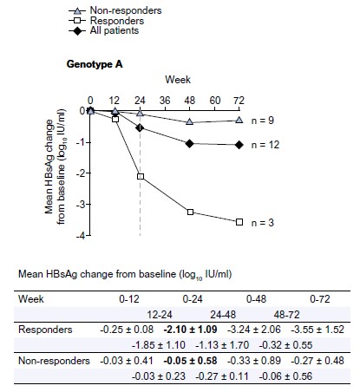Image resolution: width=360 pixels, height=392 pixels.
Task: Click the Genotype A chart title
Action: click(x=95, y=64)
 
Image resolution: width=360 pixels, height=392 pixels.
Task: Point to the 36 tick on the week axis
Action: click(x=165, y=101)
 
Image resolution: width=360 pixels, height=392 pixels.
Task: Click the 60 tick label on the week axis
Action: click(x=215, y=101)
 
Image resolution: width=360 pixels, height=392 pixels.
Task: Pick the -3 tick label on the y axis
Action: click(x=81, y=205)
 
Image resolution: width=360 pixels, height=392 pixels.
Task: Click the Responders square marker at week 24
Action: click(x=141, y=176)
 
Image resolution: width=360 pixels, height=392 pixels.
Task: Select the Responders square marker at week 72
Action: click(x=239, y=222)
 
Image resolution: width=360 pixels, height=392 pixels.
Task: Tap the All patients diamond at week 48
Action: click(x=190, y=143)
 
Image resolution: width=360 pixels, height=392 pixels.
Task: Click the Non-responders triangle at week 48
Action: click(x=189, y=121)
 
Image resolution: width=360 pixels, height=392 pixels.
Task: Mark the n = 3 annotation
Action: click(x=263, y=223)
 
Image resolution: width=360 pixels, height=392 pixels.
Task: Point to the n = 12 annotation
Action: click(x=265, y=145)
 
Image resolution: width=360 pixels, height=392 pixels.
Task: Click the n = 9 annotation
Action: click(x=263, y=121)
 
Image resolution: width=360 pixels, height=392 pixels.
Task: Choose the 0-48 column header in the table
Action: click(x=256, y=298)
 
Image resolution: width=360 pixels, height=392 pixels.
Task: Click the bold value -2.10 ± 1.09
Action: click(x=190, y=330)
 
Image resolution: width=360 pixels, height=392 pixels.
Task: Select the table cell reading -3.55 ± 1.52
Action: click(x=317, y=330)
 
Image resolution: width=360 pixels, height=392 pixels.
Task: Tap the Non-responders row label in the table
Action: click(x=54, y=361)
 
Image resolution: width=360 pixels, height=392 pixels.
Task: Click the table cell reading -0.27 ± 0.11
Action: click(x=222, y=376)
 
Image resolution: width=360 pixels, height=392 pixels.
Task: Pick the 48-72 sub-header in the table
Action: click(x=287, y=314)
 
